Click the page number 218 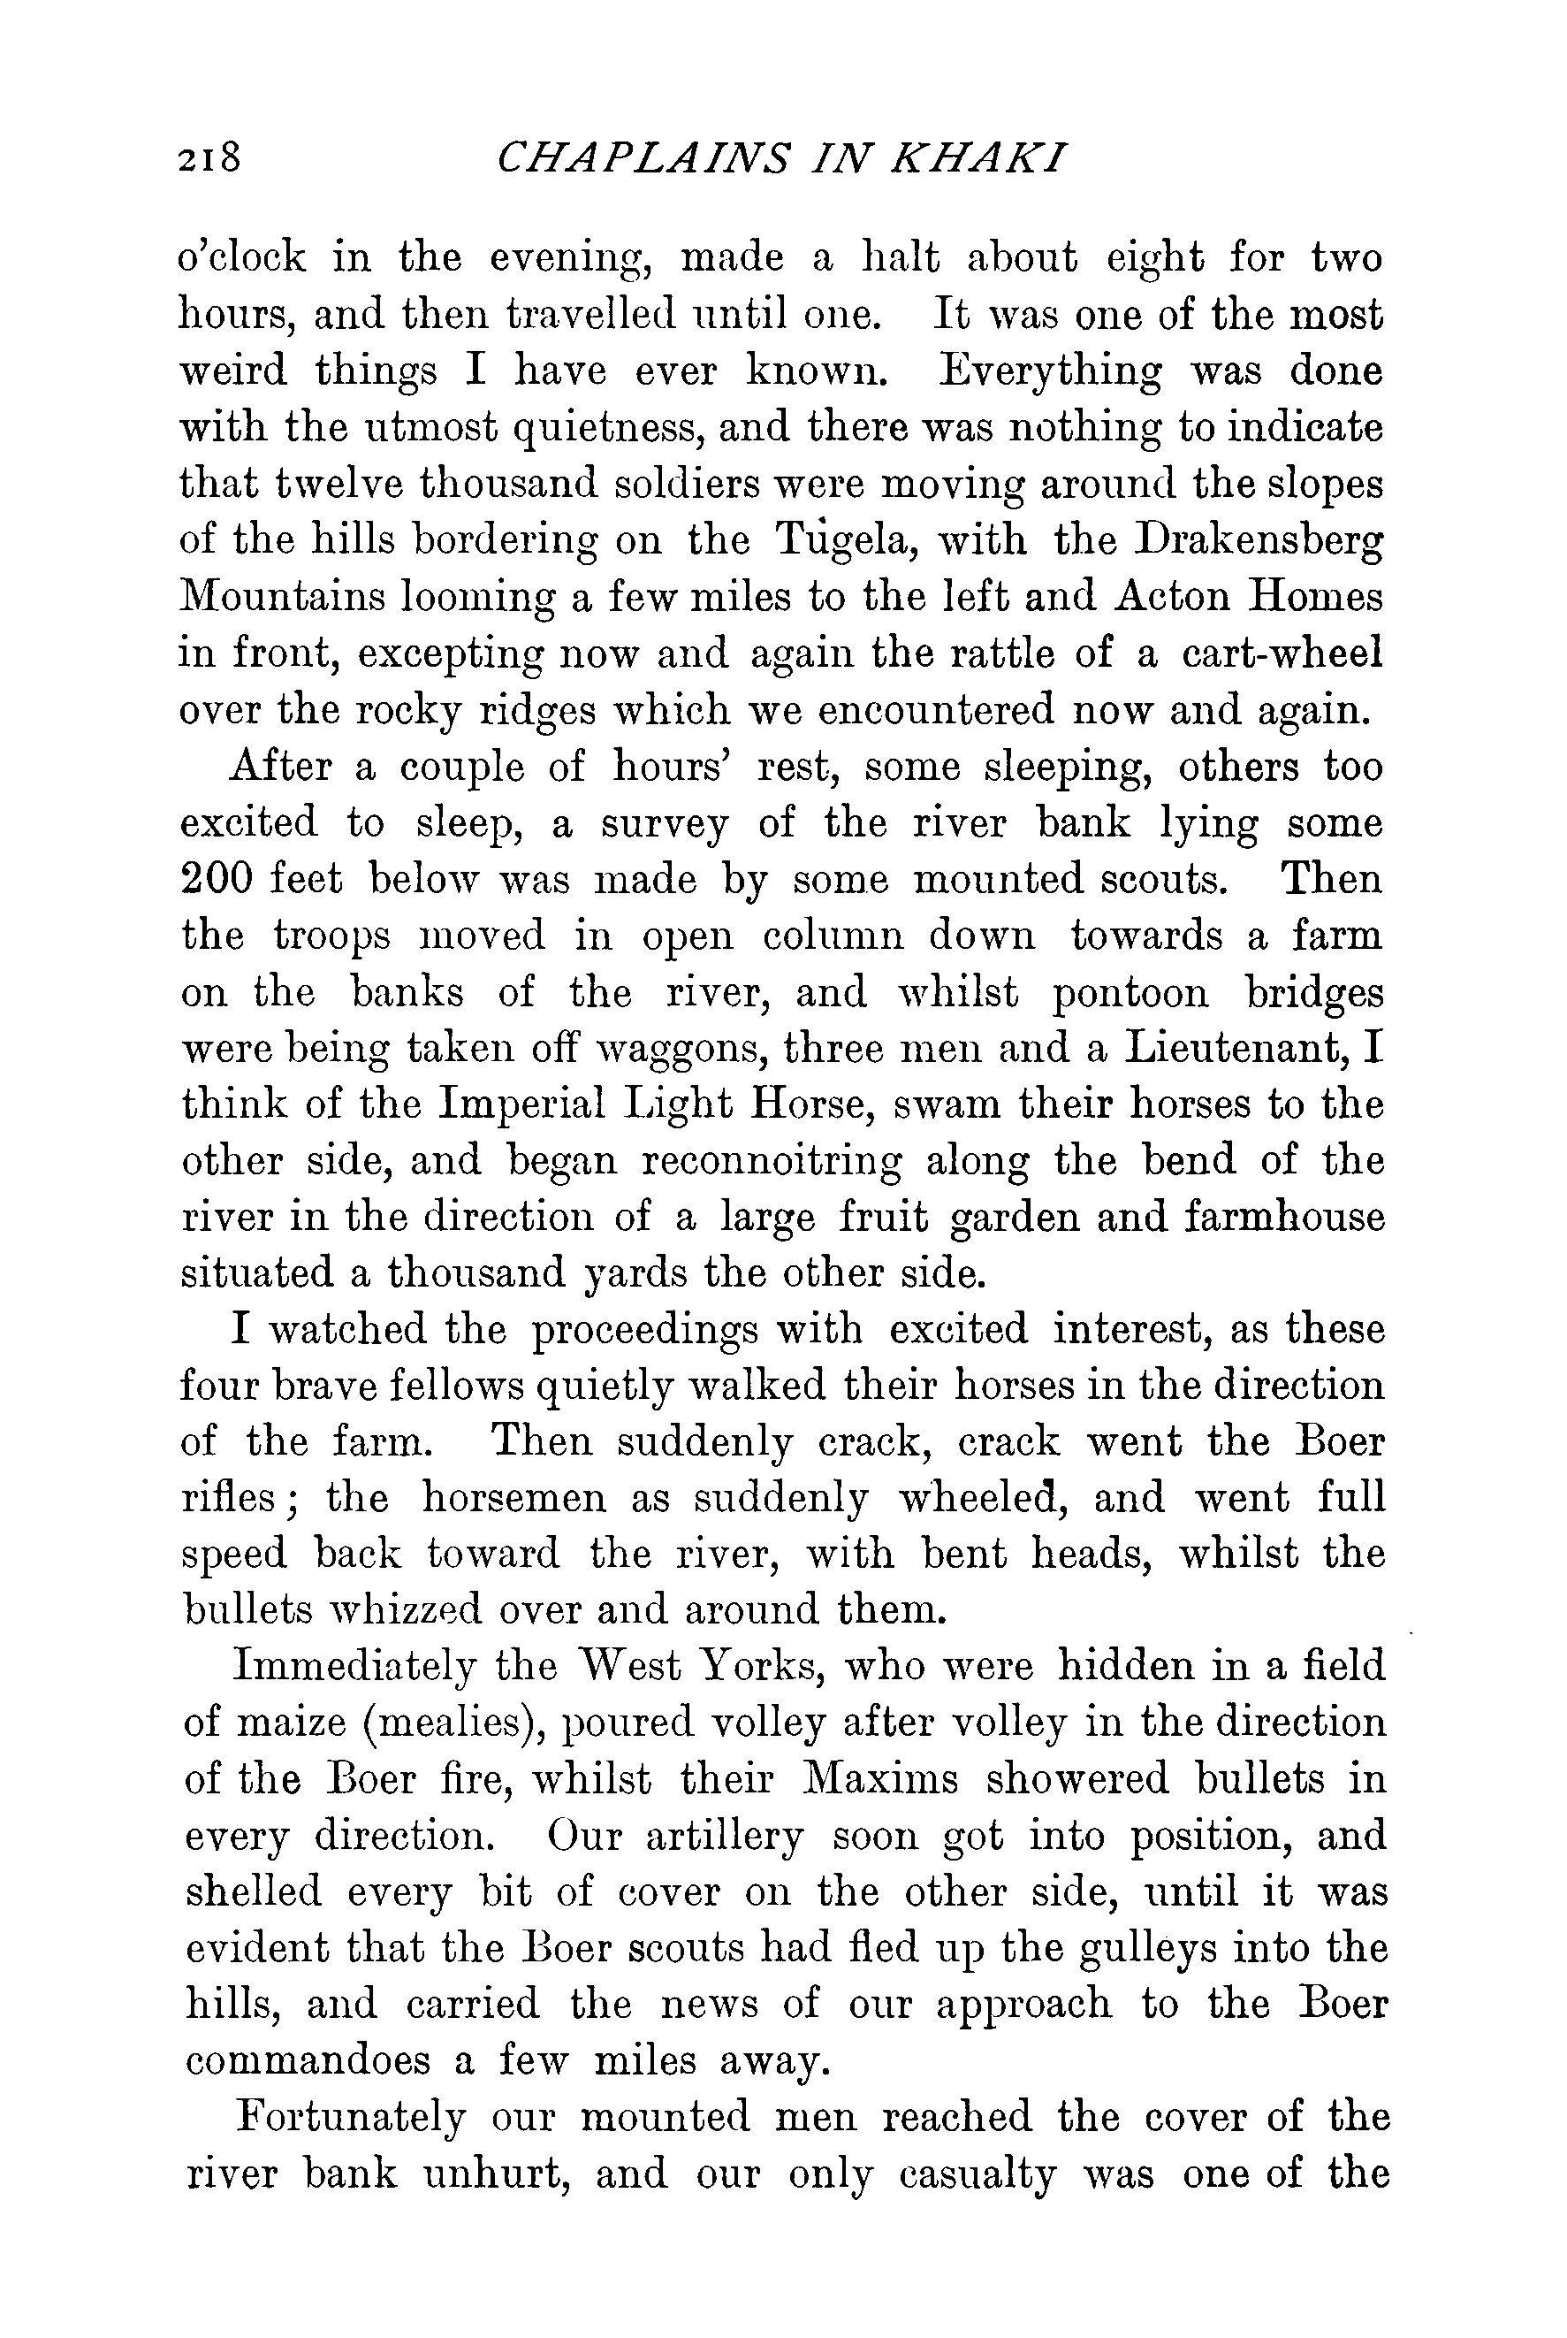[x=209, y=158]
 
